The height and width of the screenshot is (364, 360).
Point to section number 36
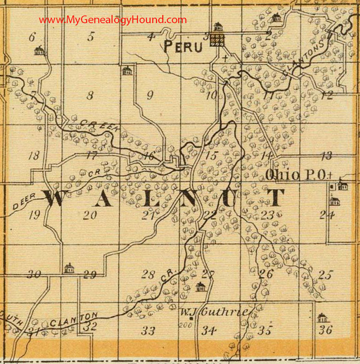326,330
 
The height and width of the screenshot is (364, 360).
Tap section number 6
32,38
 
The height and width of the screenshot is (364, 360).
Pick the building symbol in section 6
39,50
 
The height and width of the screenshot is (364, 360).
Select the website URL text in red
113,20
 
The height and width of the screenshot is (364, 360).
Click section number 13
326,156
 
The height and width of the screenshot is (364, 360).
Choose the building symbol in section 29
69,268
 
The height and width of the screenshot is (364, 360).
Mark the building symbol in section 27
200,287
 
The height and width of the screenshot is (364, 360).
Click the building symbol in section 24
335,201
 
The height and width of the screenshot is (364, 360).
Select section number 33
148,330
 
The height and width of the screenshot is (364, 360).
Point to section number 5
91,37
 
